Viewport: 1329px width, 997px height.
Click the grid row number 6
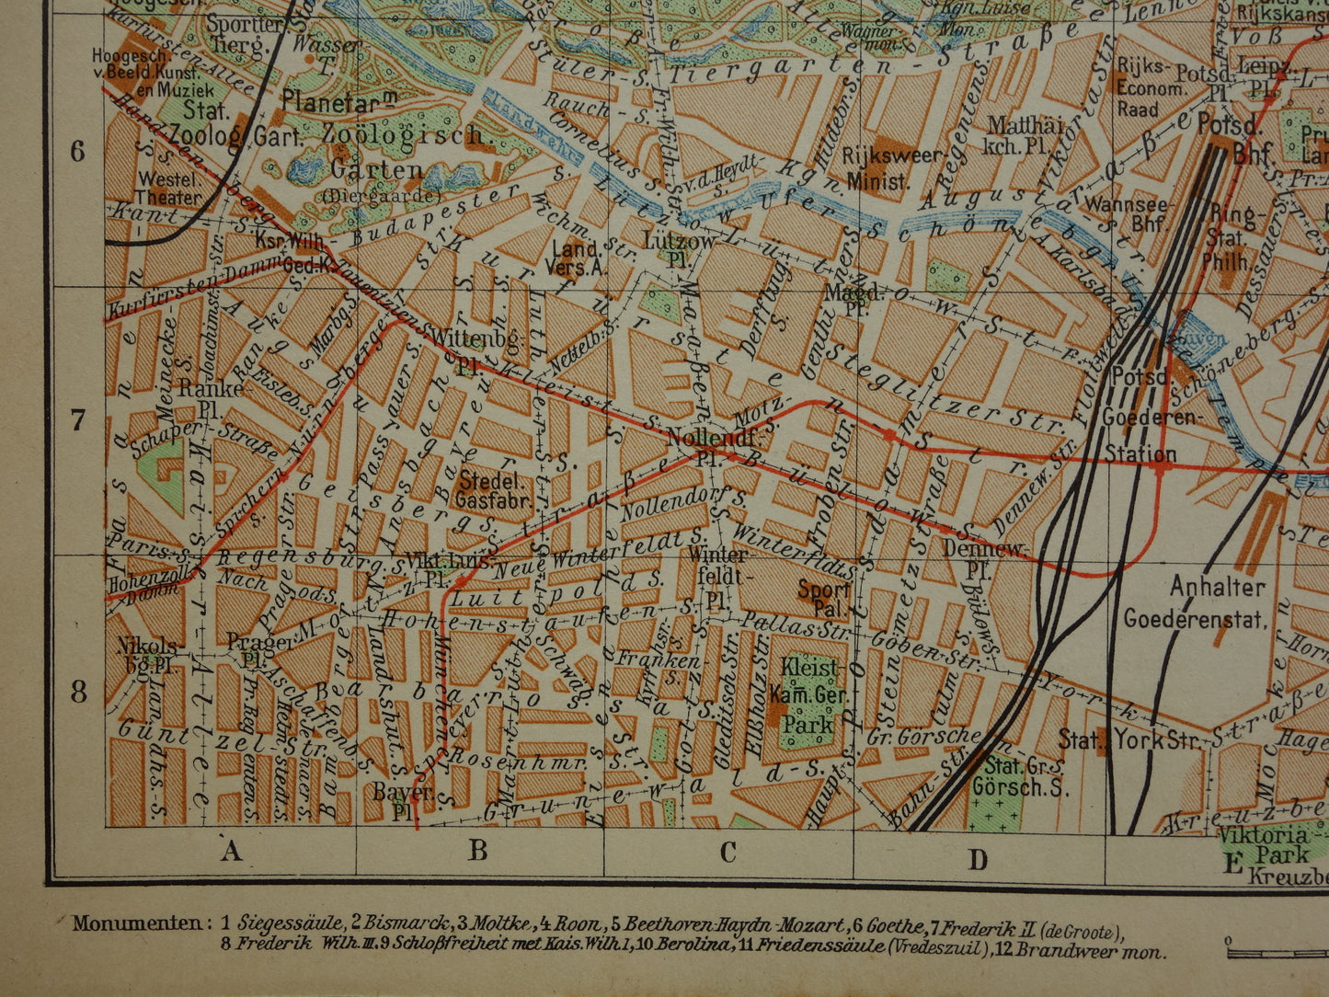click(x=77, y=151)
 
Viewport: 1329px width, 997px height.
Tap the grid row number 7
click(x=77, y=420)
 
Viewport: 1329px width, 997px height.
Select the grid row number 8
click(x=77, y=692)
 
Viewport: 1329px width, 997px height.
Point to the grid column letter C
click(x=728, y=853)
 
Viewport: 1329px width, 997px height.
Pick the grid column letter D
click(x=978, y=859)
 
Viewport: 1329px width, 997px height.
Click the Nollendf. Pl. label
click(x=705, y=445)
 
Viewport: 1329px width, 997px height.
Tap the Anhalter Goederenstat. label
click(x=1195, y=602)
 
